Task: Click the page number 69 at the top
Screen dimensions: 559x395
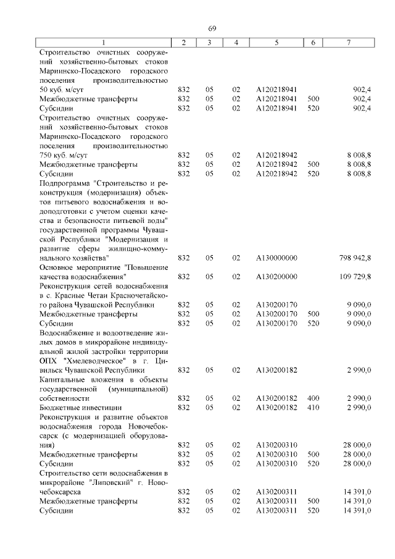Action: coord(212,29)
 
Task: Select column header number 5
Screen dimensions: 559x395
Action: coord(276,42)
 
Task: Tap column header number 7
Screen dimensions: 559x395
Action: coord(349,42)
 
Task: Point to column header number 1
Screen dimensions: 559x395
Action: coord(103,42)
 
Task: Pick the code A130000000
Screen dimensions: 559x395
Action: coord(276,257)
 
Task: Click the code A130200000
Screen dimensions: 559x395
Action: coord(276,277)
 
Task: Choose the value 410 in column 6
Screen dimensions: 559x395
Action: coord(313,408)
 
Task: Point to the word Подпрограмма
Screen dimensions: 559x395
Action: coord(66,183)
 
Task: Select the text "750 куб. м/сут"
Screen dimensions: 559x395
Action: coord(64,155)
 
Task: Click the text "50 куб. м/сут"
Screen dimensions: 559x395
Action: coord(62,90)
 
